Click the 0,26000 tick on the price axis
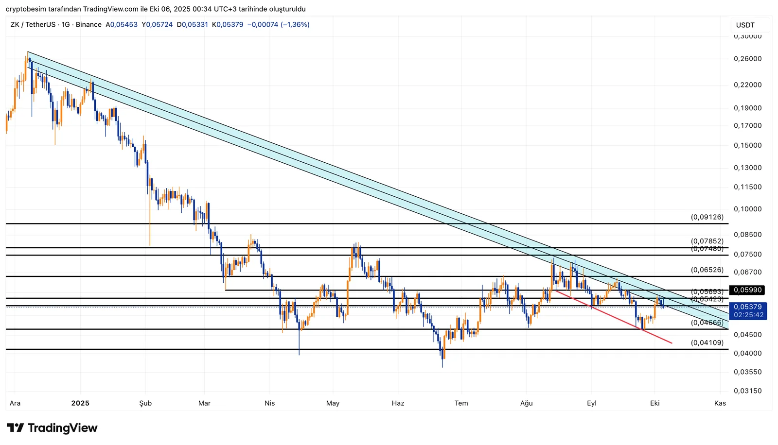click(747, 59)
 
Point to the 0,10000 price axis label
click(747, 209)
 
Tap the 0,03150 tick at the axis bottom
click(747, 391)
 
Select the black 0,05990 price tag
click(747, 290)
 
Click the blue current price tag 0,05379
click(748, 307)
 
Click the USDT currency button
click(745, 25)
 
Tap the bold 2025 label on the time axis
click(80, 403)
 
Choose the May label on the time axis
click(333, 403)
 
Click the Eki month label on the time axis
click(655, 403)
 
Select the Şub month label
click(145, 403)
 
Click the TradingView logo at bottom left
click(53, 428)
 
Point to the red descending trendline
click(613, 316)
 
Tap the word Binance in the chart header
click(88, 24)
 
